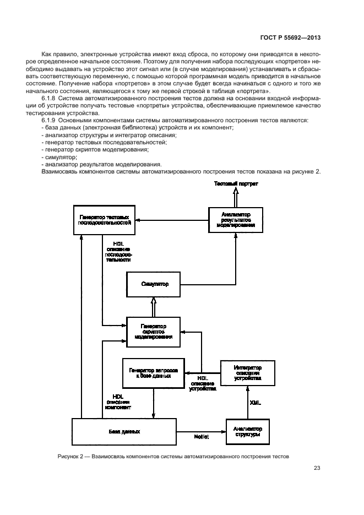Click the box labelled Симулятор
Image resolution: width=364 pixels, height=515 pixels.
click(154, 285)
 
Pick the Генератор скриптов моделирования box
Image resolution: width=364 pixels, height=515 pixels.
click(154, 332)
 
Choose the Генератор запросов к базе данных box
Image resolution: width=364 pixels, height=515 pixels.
click(154, 372)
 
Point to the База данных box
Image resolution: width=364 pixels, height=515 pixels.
click(124, 432)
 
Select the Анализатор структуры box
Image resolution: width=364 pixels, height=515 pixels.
click(247, 432)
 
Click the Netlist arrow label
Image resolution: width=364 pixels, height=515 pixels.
click(200, 436)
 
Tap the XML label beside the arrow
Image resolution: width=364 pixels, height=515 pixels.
click(256, 403)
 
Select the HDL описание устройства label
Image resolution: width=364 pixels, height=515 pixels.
click(202, 383)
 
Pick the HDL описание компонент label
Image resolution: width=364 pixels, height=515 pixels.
click(118, 402)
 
